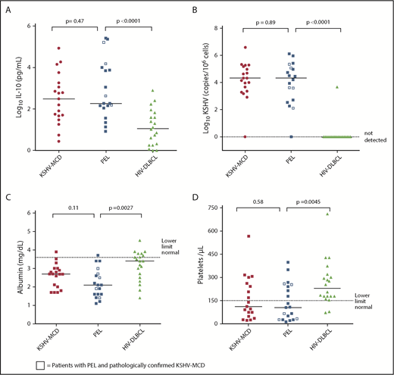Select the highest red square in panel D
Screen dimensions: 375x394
point(247,236)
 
